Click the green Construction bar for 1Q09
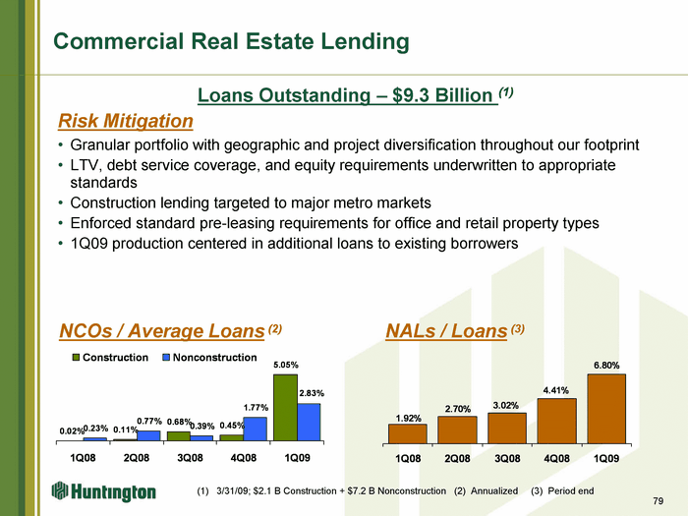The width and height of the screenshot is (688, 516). click(285, 407)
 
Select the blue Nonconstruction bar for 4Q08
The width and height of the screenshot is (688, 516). click(255, 429)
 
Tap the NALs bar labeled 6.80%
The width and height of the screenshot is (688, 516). click(606, 409)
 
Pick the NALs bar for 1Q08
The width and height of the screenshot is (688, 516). click(408, 433)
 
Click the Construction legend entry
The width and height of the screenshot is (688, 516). click(110, 357)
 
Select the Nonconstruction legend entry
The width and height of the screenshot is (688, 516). click(209, 357)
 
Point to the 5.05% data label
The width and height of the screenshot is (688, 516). click(286, 365)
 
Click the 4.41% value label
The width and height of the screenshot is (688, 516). click(556, 390)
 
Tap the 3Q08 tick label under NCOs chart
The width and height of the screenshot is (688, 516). click(190, 458)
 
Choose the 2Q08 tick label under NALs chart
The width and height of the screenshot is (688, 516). click(457, 459)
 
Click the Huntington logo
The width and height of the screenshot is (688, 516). click(104, 491)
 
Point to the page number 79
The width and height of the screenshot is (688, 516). click(659, 500)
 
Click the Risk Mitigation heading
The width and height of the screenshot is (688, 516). click(126, 121)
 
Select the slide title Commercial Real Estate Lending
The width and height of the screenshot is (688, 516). click(231, 41)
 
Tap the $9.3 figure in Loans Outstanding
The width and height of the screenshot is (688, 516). click(411, 95)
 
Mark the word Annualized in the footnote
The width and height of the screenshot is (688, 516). click(494, 490)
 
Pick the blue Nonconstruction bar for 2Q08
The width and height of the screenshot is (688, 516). click(148, 435)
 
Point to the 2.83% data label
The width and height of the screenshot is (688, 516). click(312, 393)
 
